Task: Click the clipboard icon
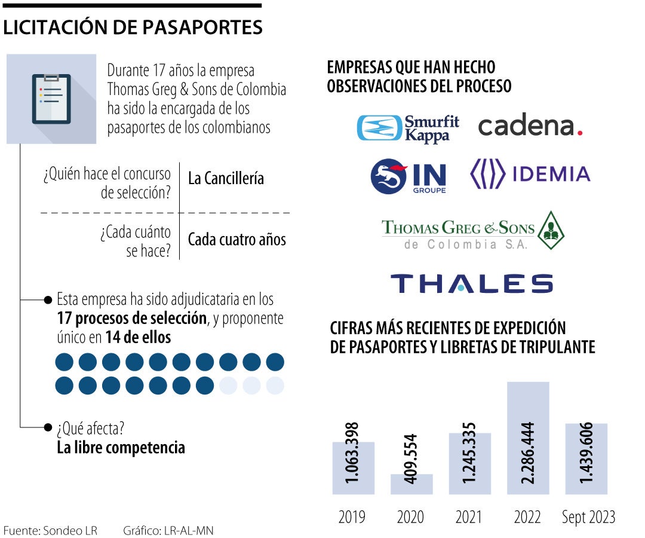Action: pos(51,99)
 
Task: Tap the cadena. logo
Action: pos(530,126)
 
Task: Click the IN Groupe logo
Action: pos(408,176)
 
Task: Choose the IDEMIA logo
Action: pos(530,174)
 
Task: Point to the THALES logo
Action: pos(471,283)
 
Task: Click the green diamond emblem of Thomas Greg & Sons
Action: pos(551,231)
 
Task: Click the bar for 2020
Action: pos(411,484)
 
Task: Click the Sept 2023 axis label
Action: pos(588,517)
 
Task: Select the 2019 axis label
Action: pos(352,517)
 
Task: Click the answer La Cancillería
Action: pos(226,178)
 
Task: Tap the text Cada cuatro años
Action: pos(236,240)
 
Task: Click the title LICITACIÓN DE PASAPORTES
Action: pos(133,28)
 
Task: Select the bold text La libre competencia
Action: pos(121,448)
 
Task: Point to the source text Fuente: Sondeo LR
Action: pos(50,530)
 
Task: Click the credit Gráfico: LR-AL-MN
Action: pos(168,530)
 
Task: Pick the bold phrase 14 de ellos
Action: pos(138,338)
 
